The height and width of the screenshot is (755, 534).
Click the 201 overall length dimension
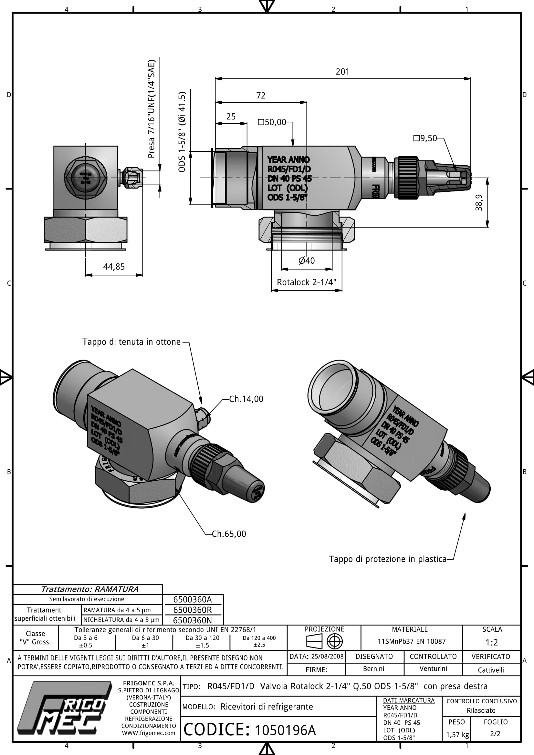pos(342,72)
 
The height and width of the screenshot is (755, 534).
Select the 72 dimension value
pos(261,96)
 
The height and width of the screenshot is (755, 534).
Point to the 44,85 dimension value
pos(114,267)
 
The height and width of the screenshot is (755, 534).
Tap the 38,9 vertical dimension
pos(479,203)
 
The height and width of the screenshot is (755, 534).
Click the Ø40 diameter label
pos(306,261)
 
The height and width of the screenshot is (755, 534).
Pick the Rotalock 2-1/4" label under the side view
pos(306,282)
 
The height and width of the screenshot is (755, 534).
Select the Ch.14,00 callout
pos(246,399)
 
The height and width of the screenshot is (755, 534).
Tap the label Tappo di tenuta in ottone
pos(131,342)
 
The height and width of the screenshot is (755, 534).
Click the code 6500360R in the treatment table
pos(193,610)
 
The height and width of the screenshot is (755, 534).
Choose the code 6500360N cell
pos(193,620)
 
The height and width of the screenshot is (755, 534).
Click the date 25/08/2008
pos(327,657)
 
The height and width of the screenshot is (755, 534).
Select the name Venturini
pos(433,669)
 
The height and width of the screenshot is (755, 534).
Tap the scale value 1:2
pos(492,642)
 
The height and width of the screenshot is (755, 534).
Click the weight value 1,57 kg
pos(457,735)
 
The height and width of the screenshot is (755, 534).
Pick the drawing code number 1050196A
pos(285,730)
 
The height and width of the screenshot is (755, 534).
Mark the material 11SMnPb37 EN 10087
pos(411,642)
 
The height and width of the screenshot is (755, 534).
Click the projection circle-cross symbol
pos(334,641)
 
